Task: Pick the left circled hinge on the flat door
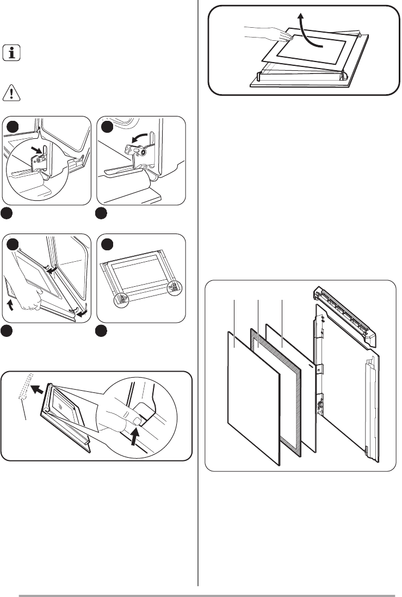(122, 298)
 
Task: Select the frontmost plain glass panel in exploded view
(253, 397)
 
